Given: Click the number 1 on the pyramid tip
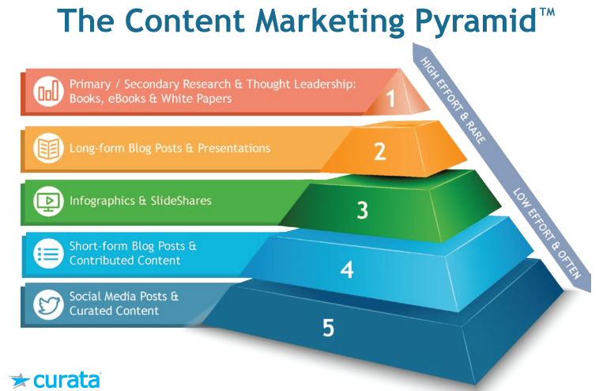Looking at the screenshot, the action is pos(390,98).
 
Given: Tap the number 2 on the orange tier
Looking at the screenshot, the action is pos(380,151).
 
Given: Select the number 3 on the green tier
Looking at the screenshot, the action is pos(362,210).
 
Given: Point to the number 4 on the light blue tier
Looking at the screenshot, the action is pos(347,270).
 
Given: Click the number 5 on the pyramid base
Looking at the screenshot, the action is pos(328,328).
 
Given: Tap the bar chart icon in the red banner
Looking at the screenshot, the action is pos(48,92).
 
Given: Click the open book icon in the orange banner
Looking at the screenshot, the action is pos(48,148).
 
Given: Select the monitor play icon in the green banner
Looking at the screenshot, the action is pos(48,201).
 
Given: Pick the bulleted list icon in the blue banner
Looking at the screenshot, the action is pos(48,253).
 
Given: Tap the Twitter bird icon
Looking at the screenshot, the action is pos(48,305).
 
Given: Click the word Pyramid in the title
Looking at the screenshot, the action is pos(476,22).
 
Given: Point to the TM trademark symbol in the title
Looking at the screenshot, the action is pos(548,12).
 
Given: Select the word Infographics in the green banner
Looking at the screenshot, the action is pos(102,201).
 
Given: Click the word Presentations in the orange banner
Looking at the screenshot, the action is pos(234,148).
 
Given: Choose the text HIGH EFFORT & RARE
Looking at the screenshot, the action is pos(453,101).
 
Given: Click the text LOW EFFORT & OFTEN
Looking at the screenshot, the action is pos(547,233).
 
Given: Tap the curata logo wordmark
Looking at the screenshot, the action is pos(67,380).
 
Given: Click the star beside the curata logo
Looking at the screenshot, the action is pos(20,380).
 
